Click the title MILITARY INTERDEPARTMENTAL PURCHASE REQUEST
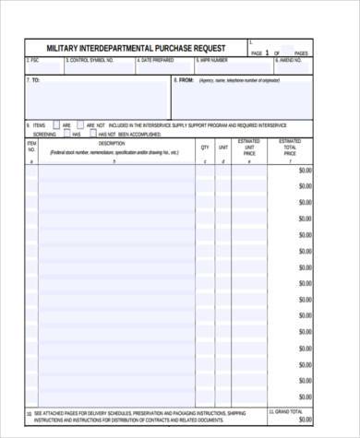137,48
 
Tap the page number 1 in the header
268,53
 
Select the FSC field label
33,60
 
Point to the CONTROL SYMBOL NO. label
90,60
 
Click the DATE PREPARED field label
156,60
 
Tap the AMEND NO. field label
291,60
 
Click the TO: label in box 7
34,80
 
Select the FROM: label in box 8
185,80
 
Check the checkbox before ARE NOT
79,124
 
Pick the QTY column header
204,147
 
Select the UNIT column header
223,147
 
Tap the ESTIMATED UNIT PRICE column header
249,147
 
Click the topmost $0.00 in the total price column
305,171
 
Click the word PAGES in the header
301,53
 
